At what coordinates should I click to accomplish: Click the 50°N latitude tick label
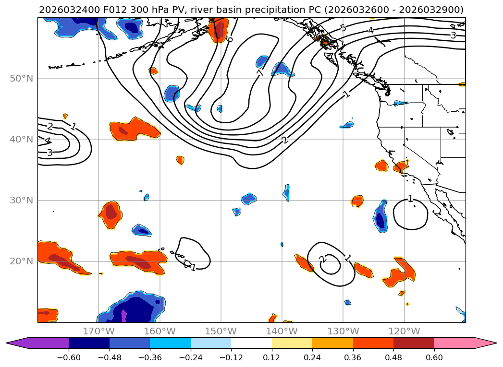(x=21, y=78)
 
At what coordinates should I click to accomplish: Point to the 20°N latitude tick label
(x=21, y=261)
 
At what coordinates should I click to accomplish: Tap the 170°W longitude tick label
(x=98, y=331)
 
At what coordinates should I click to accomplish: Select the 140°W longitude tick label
(x=282, y=331)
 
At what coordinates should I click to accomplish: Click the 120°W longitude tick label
(x=404, y=331)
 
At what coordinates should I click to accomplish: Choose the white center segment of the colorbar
(x=251, y=343)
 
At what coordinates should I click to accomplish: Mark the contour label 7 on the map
(x=260, y=73)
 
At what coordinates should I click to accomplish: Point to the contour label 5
(x=343, y=28)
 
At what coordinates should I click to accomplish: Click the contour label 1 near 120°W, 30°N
(x=410, y=199)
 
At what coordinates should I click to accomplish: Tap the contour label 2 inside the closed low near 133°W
(x=322, y=260)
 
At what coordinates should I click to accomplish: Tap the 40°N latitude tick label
(x=21, y=139)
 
